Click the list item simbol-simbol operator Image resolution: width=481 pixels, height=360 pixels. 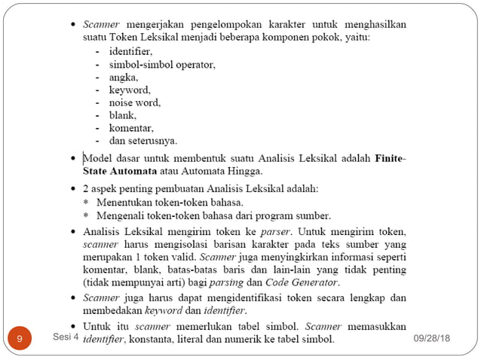click(x=161, y=65)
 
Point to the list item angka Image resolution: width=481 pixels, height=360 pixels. click(x=124, y=78)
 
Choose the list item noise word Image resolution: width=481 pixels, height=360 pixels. click(x=134, y=102)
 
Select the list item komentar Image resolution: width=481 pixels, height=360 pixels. click(x=131, y=128)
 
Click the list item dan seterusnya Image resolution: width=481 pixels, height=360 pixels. click(x=142, y=141)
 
